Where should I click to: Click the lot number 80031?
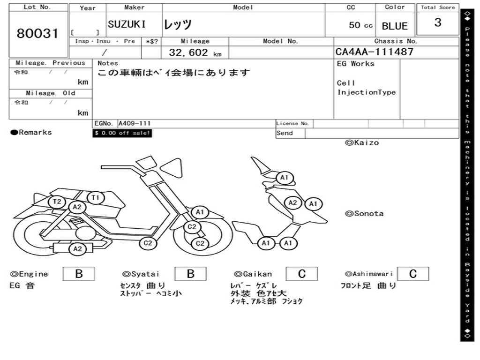tap(38, 34)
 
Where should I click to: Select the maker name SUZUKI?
tap(127, 25)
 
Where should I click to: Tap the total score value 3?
tap(437, 23)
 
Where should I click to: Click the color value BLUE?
tap(395, 26)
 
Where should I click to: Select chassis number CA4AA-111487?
tap(375, 52)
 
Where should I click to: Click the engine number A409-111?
tap(135, 124)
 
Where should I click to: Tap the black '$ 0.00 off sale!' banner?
tap(122, 133)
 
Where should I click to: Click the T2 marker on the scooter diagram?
tap(57, 202)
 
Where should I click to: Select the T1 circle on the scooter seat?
tap(95, 198)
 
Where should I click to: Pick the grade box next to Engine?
tap(79, 274)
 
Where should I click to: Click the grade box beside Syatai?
tap(190, 274)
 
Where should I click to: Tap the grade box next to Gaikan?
tap(301, 274)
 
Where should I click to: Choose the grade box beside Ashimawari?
tap(412, 274)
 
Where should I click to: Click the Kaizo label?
tap(362, 142)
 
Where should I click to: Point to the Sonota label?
tap(364, 214)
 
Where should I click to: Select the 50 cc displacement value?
tap(361, 25)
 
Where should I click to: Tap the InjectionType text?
tap(367, 93)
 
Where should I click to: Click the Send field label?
tap(285, 133)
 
